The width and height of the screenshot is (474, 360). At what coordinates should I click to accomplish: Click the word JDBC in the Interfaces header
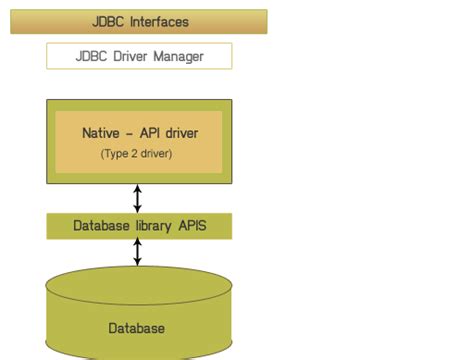point(106,21)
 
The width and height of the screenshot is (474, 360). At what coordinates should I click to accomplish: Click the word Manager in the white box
point(178,56)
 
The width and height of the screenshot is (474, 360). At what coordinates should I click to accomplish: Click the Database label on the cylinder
point(137,328)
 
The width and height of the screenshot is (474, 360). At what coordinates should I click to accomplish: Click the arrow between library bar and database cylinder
point(138,252)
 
